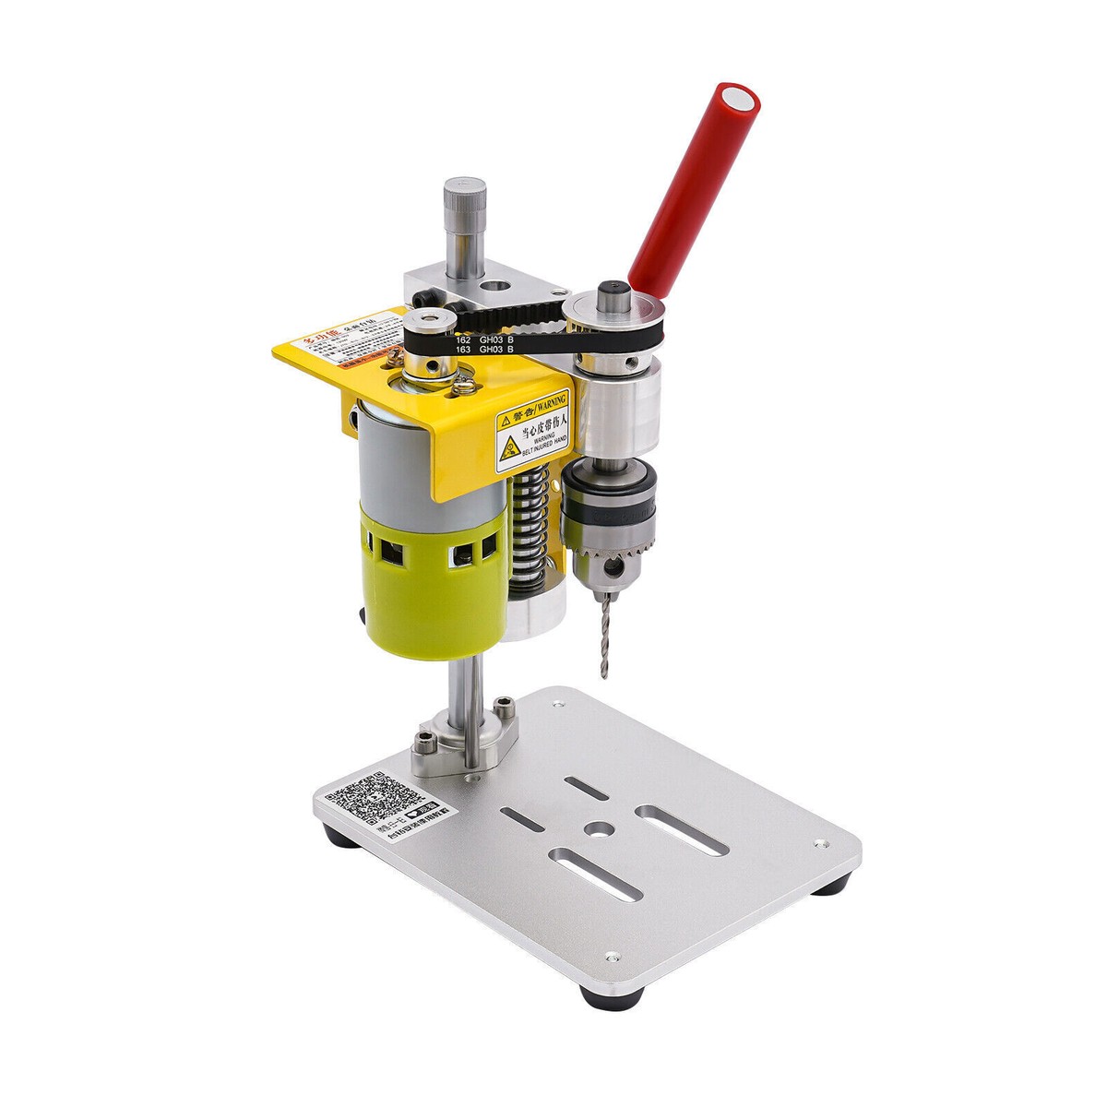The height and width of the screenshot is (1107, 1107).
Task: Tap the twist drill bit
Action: coord(604,637)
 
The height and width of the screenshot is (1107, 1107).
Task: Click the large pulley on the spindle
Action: coord(613,318)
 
